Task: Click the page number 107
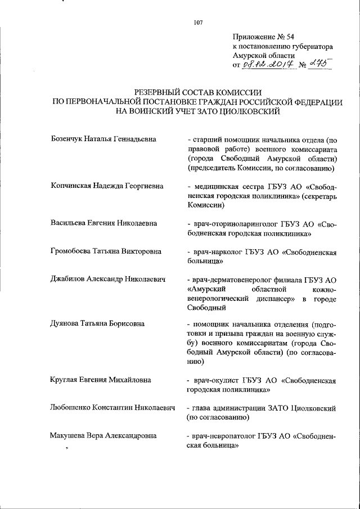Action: (197, 22)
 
